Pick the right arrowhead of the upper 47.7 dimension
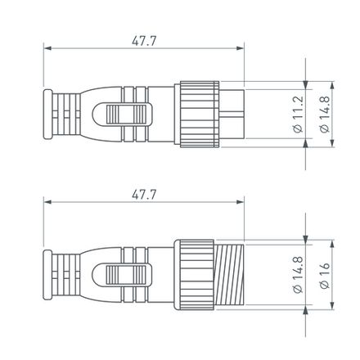click(241, 47)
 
